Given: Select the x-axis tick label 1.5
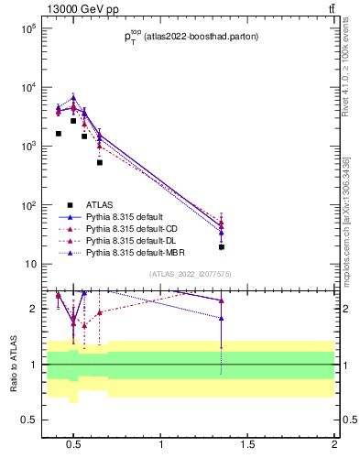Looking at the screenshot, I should point(248,445).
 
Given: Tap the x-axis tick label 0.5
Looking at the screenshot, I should point(74,445).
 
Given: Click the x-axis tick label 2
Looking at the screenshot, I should point(334,445).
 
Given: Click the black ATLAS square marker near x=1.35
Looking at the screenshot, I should point(222,246).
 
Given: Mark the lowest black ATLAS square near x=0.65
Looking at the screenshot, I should point(100,162).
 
